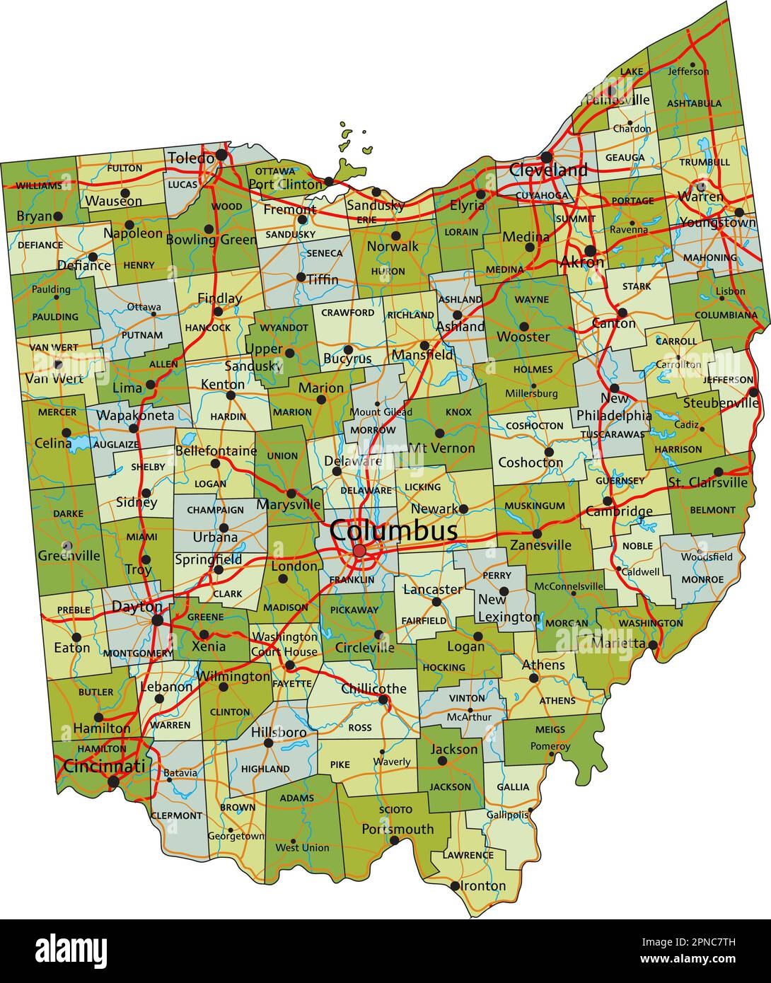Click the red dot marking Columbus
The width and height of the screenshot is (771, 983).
(359, 550)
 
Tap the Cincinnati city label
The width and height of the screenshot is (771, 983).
(104, 766)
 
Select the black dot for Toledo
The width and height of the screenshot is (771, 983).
(221, 154)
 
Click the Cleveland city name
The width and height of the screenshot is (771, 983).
(548, 170)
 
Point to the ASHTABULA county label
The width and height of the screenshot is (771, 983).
(694, 103)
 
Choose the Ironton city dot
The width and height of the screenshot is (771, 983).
(455, 885)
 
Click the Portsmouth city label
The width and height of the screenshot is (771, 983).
(398, 828)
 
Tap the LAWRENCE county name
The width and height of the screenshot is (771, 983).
(468, 855)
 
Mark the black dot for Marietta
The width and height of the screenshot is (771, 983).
(653, 644)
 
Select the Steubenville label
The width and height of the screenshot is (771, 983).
(721, 403)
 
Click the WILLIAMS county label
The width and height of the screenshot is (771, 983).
(38, 185)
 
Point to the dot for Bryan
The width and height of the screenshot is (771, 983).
(58, 216)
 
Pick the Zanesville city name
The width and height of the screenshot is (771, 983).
(540, 545)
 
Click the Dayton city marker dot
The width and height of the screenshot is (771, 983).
(157, 620)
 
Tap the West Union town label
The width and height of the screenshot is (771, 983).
(302, 847)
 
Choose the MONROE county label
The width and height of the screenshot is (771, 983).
(702, 579)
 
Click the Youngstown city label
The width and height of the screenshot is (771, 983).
(717, 223)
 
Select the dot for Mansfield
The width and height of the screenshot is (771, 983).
(424, 346)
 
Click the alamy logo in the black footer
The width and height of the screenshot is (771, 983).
(71, 950)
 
